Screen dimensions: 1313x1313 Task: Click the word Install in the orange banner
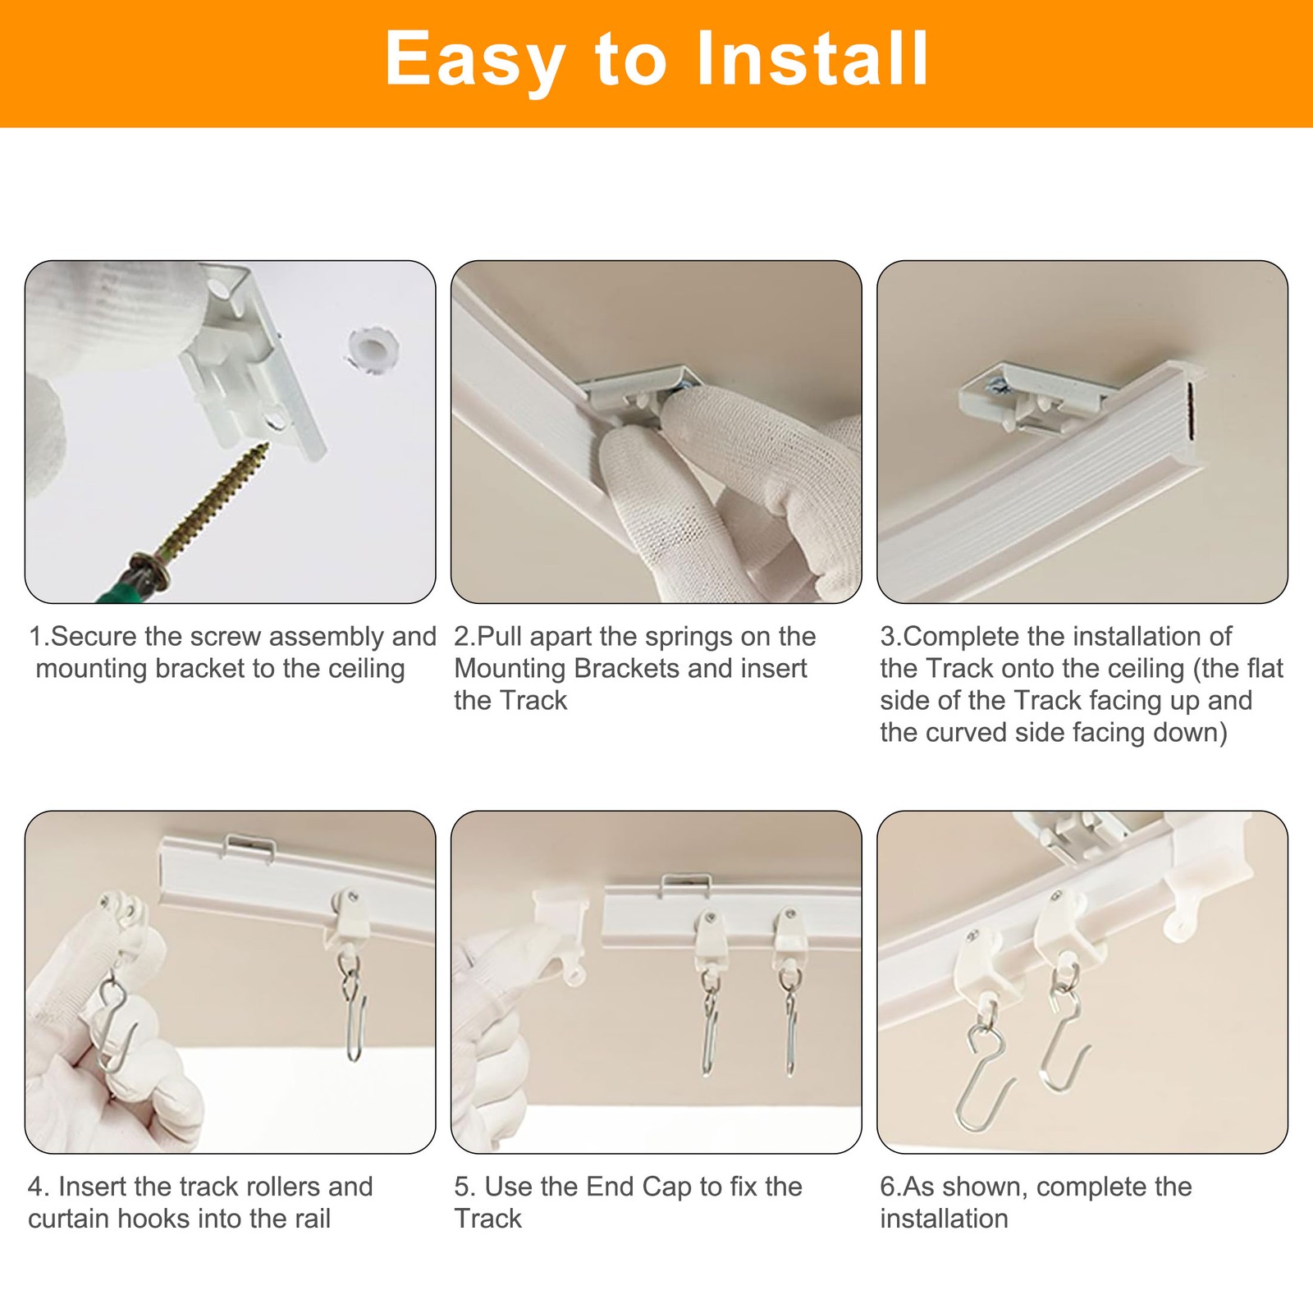coord(812,58)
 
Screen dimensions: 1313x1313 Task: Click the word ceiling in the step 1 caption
coord(366,669)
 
